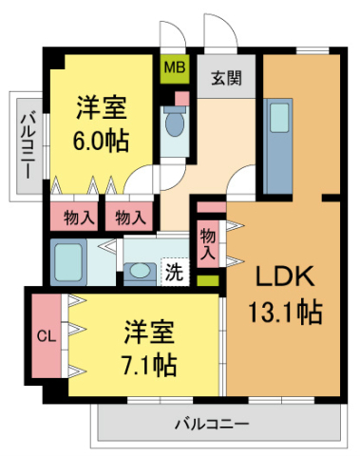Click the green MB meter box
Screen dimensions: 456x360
(174, 68)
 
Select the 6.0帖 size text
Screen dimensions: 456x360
(102, 141)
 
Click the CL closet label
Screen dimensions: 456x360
(46, 336)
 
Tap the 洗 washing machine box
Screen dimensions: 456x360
(174, 272)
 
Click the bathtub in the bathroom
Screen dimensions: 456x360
(70, 260)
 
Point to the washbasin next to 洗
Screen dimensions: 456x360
(140, 271)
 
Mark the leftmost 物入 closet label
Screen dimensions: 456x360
(78, 217)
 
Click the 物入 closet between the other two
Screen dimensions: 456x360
(130, 217)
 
